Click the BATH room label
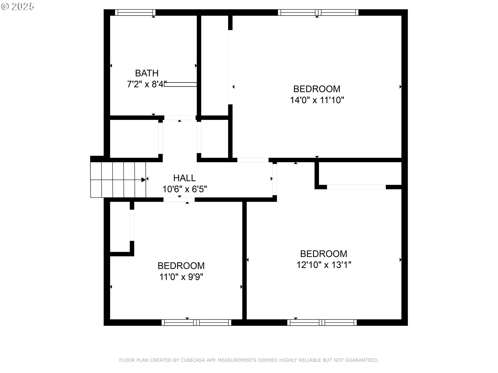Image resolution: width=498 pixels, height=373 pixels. pyautogui.click(x=147, y=73)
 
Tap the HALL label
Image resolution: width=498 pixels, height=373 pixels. pyautogui.click(x=184, y=178)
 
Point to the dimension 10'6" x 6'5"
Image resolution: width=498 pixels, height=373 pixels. pyautogui.click(x=184, y=189)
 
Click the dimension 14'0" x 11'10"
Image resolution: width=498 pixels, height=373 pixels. pyautogui.click(x=317, y=100)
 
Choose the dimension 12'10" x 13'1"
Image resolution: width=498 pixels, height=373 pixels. pyautogui.click(x=324, y=265)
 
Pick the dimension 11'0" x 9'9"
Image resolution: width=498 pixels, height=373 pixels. pyautogui.click(x=181, y=277)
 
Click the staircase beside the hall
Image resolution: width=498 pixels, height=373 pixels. pyautogui.click(x=118, y=180)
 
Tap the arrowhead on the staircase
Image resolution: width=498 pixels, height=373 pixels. pyautogui.click(x=143, y=180)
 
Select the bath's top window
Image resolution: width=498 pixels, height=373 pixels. pyautogui.click(x=135, y=12)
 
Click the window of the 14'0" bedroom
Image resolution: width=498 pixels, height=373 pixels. pyautogui.click(x=318, y=12)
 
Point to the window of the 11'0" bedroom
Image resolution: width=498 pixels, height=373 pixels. pyautogui.click(x=196, y=322)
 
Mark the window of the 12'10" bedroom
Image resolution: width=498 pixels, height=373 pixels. pyautogui.click(x=322, y=322)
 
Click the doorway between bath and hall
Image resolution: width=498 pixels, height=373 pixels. pyautogui.click(x=180, y=118)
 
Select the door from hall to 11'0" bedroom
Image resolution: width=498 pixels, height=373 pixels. pyautogui.click(x=179, y=200)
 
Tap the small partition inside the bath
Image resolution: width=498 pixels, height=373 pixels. pyautogui.click(x=180, y=84)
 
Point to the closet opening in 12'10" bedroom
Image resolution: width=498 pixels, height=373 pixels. pyautogui.click(x=356, y=187)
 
